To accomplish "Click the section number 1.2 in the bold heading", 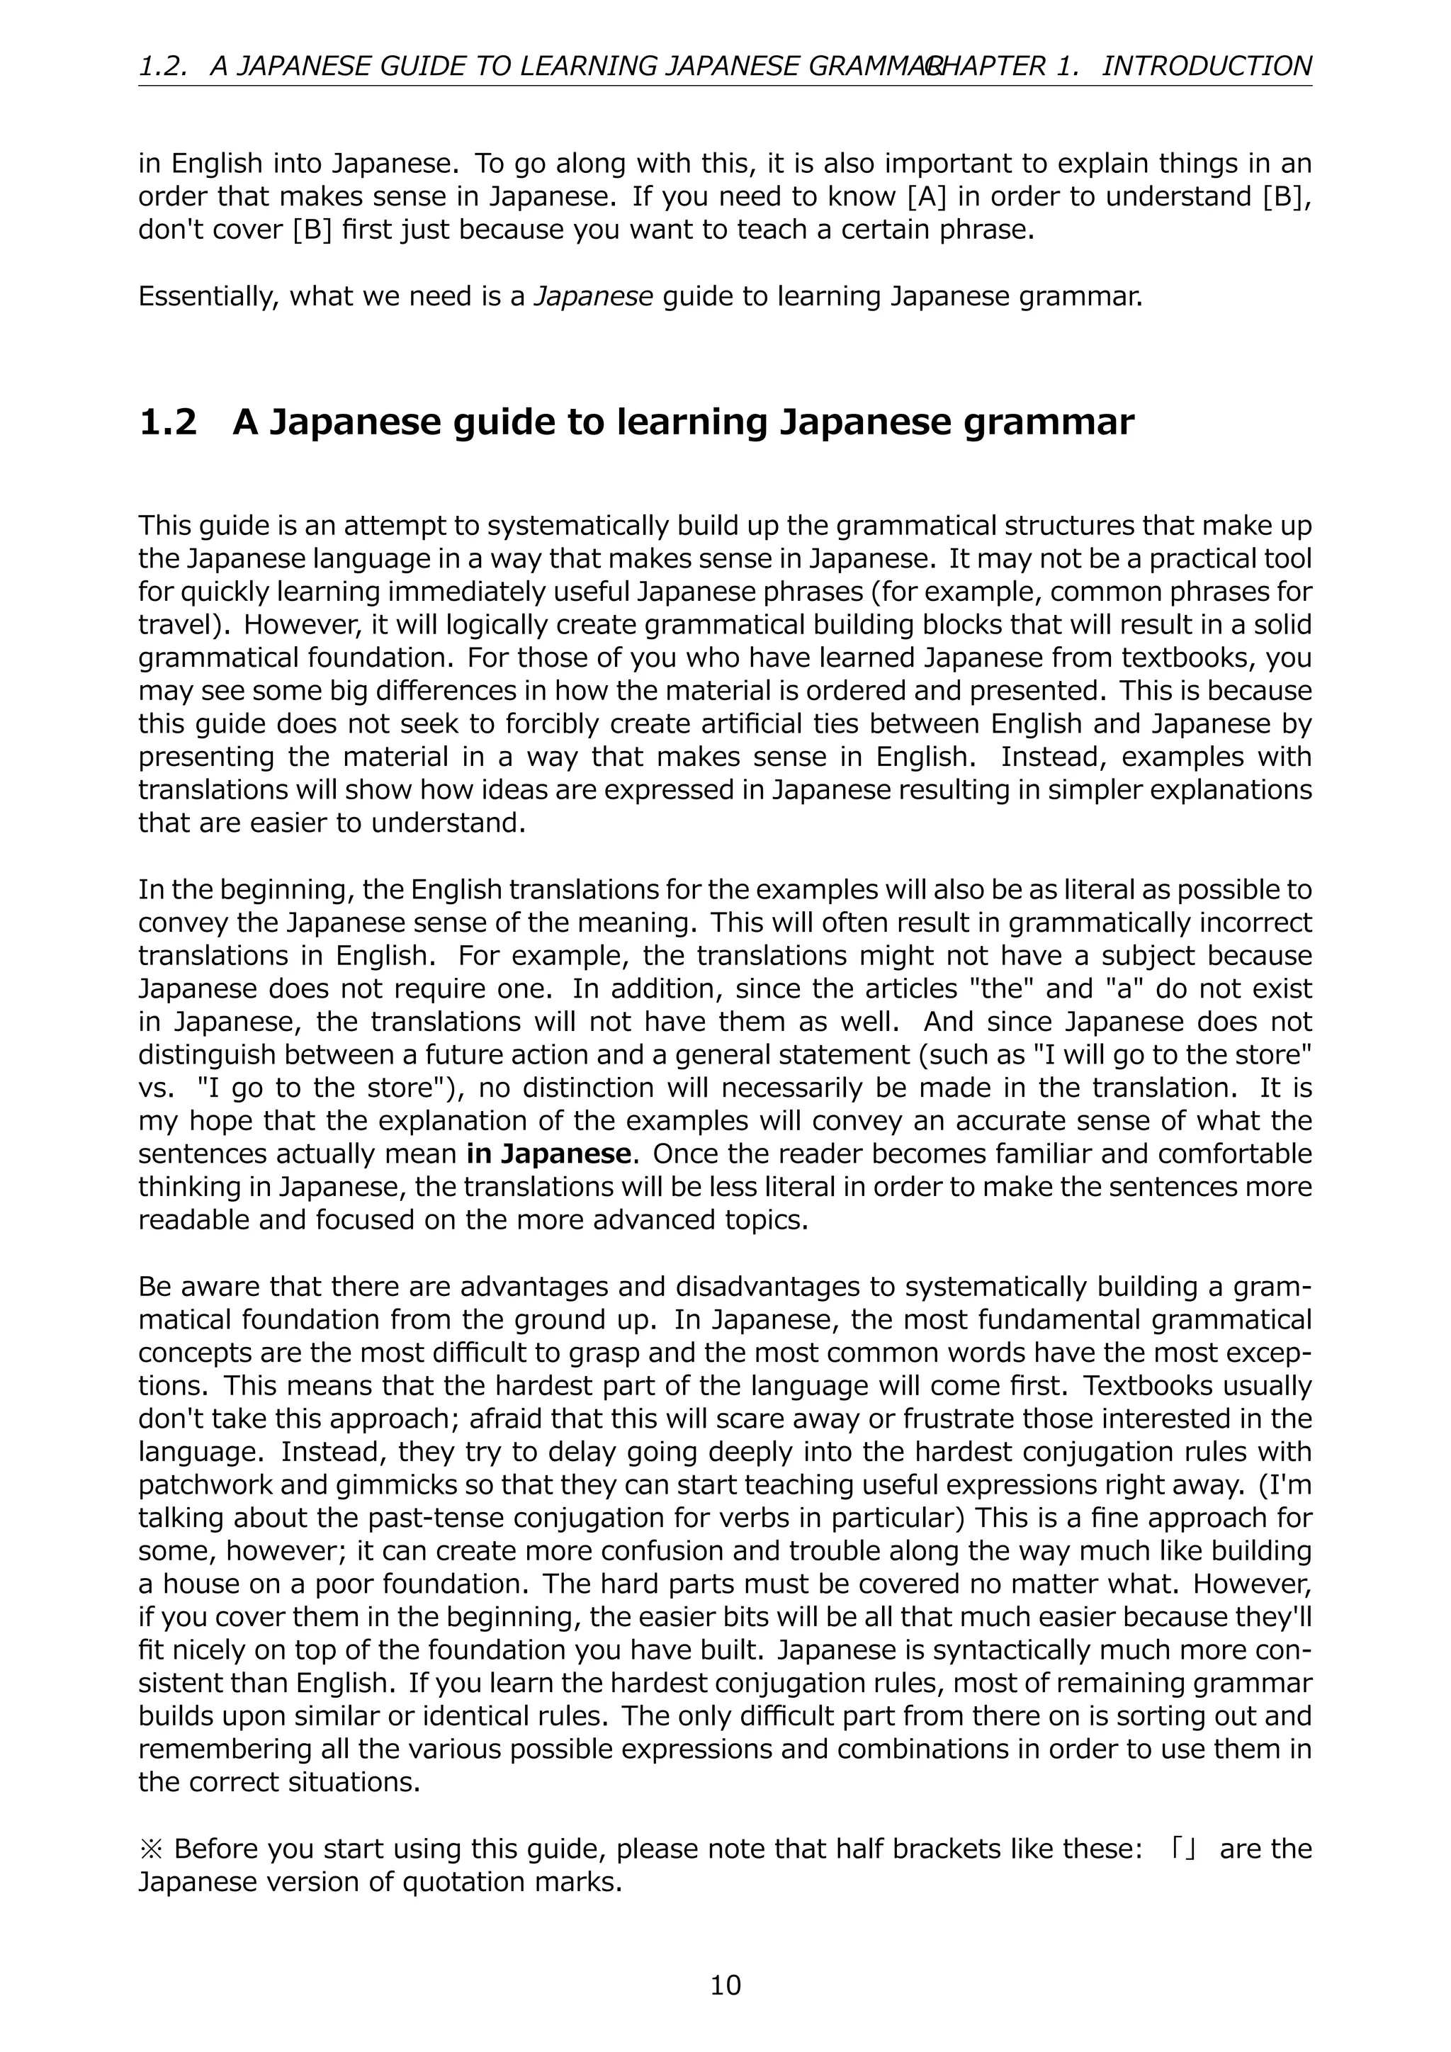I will pyautogui.click(x=168, y=422).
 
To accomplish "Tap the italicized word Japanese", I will pyautogui.click(x=593, y=295).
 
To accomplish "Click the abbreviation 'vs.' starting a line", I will pyautogui.click(x=154, y=1088).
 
